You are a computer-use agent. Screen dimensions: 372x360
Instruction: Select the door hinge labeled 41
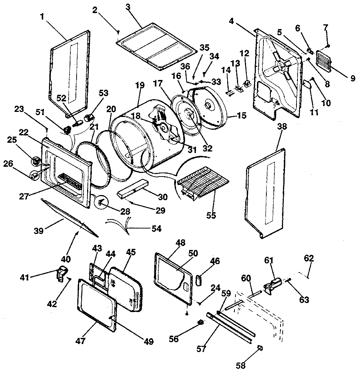click(x=61, y=272)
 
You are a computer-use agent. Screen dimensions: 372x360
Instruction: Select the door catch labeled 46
click(x=198, y=281)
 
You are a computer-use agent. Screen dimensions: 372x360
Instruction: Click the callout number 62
click(x=309, y=259)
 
